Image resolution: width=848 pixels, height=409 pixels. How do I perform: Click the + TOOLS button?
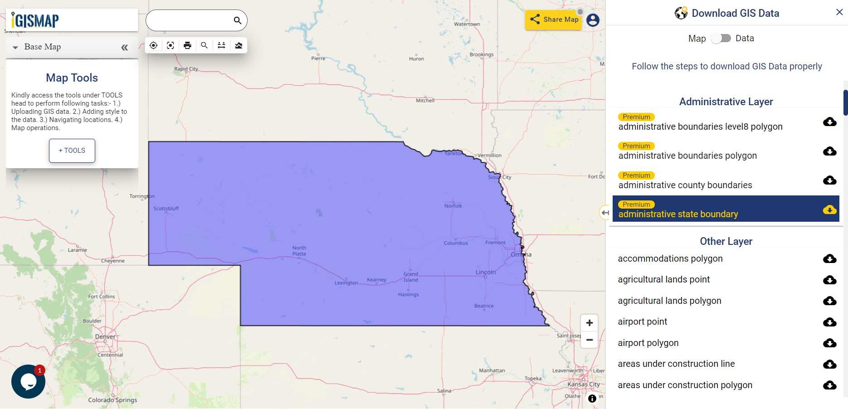[72, 151]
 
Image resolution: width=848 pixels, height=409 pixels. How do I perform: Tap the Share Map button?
[554, 19]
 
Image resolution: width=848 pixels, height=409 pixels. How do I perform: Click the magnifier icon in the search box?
[237, 20]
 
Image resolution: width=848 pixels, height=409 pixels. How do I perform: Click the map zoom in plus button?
[589, 323]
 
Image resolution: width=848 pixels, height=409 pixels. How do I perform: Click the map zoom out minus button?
[589, 340]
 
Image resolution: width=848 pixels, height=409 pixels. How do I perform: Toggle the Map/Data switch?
[721, 38]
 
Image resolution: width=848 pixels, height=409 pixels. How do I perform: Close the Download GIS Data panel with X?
[839, 12]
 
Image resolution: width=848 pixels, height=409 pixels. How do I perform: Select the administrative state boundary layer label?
[678, 214]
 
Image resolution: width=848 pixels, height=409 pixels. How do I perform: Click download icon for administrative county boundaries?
[829, 180]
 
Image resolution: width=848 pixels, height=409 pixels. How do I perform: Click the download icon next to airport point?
[829, 322]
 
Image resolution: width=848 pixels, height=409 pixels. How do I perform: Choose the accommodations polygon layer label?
[670, 258]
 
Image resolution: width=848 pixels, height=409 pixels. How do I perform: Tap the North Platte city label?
[299, 251]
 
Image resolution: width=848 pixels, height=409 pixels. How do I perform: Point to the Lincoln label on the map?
[485, 272]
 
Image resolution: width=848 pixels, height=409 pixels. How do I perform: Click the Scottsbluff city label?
[166, 209]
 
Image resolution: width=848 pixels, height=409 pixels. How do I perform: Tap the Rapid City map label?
[186, 69]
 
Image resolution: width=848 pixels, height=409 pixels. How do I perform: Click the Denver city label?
[105, 336]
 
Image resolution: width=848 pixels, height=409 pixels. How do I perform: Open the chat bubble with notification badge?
[28, 381]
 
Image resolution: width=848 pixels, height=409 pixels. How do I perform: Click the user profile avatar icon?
[593, 20]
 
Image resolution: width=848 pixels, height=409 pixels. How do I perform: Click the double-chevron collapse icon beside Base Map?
[124, 47]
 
